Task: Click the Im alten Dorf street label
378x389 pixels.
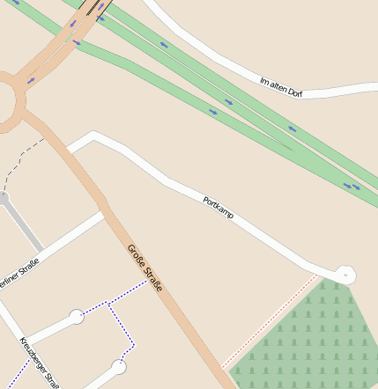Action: click(281, 86)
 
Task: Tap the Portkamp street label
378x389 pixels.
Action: click(218, 208)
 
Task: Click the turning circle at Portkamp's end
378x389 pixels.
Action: click(345, 275)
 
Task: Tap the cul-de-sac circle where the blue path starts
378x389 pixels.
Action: click(77, 315)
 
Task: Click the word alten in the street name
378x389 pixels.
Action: click(281, 86)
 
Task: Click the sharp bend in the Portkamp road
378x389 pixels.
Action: click(93, 136)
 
